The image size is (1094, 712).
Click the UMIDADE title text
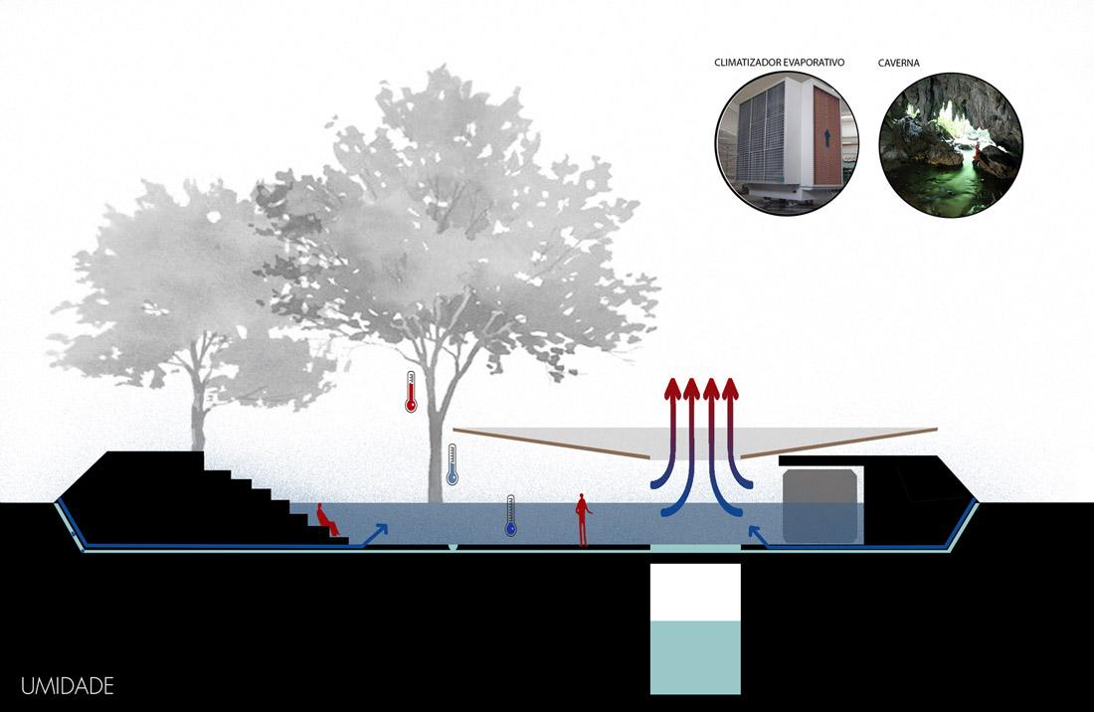tap(67, 686)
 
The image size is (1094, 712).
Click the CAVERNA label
tap(899, 63)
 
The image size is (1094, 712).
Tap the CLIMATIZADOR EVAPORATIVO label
tap(779, 63)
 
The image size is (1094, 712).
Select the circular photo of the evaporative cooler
tap(781, 147)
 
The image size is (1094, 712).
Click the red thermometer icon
tap(410, 392)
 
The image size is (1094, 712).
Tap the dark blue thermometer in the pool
tap(510, 516)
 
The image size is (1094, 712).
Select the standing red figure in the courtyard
tap(583, 520)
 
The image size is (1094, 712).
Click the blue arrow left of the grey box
tap(758, 537)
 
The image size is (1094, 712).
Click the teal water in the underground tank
tap(695, 656)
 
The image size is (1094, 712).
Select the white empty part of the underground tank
tap(695, 592)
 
